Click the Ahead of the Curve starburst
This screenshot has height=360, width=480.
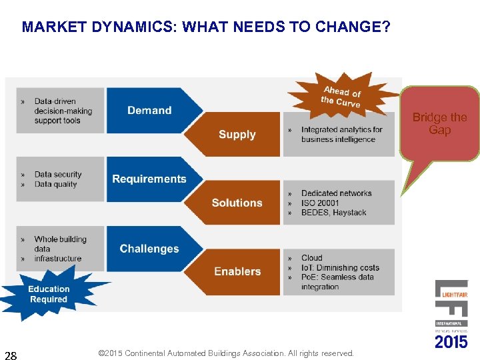pyautogui.click(x=341, y=97)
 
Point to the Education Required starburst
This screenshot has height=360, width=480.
pyautogui.click(x=49, y=294)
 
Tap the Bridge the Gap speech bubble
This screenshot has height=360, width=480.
pyautogui.click(x=439, y=124)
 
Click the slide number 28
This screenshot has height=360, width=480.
pyautogui.click(x=11, y=354)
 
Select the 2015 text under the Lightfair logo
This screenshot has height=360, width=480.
pyautogui.click(x=451, y=341)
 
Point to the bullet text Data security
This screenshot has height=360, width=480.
pyautogui.click(x=58, y=174)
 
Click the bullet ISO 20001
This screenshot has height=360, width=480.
pyautogui.click(x=320, y=203)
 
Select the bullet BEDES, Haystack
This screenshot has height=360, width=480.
pyautogui.click(x=333, y=213)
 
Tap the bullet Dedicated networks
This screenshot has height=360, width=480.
pyautogui.click(x=336, y=193)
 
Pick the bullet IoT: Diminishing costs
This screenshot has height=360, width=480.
pyautogui.click(x=340, y=267)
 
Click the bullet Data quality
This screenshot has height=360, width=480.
pyautogui.click(x=55, y=184)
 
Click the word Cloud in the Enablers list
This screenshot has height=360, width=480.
pyautogui.click(x=311, y=258)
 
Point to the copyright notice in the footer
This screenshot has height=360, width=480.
pyautogui.click(x=225, y=353)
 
